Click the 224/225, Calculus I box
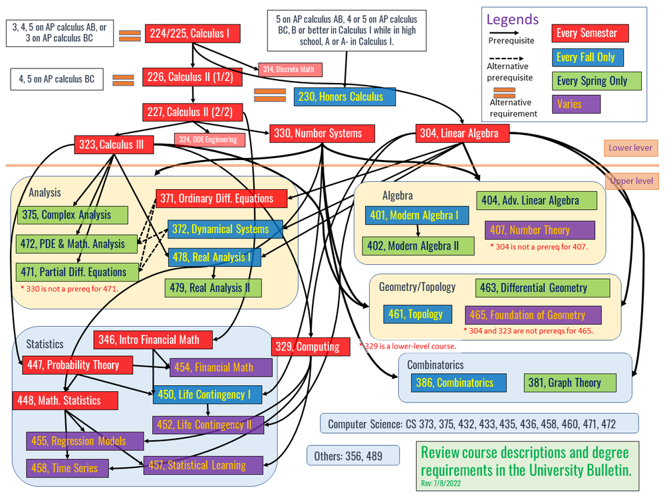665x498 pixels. [192, 33]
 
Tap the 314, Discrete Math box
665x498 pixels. [291, 69]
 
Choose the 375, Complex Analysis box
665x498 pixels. [72, 214]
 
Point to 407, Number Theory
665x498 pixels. [539, 230]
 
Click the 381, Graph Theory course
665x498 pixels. [570, 382]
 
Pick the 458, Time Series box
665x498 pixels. [66, 467]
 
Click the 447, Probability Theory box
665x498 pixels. [77, 365]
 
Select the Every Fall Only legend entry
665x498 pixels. [588, 57]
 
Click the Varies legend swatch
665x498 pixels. [576, 104]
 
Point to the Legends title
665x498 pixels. [512, 20]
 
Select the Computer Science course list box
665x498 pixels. [479, 423]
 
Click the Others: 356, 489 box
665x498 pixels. [353, 455]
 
